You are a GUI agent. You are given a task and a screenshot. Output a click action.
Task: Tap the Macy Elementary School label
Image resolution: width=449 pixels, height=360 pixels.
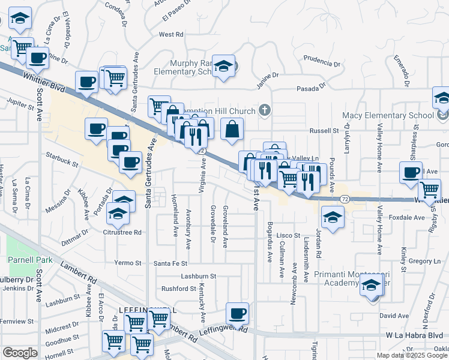388,115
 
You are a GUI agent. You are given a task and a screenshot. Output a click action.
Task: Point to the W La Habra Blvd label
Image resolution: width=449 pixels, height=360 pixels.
414,335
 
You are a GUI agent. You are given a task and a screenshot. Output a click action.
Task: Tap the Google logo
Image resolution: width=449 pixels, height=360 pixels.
20,353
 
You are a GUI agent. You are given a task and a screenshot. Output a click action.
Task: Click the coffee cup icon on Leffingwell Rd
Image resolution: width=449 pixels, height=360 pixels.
238,314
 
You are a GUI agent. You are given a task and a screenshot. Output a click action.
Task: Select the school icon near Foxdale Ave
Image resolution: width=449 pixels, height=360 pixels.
332,218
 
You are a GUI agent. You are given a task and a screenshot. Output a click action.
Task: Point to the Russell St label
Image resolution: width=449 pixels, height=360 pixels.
324,130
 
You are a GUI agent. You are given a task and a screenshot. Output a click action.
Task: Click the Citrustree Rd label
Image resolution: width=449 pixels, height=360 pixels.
122,232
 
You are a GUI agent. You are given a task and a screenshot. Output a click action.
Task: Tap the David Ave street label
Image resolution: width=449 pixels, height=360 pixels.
394,316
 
